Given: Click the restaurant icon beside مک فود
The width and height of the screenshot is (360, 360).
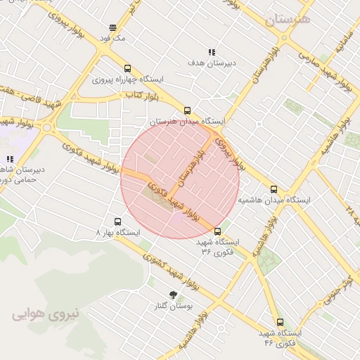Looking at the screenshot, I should pos(112,27).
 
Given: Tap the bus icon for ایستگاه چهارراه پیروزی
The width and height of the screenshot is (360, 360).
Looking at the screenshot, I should pos(127,69).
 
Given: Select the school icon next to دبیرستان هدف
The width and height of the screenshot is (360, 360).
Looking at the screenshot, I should pos(211,52).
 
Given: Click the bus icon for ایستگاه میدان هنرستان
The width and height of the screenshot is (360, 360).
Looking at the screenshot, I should pos(187,110).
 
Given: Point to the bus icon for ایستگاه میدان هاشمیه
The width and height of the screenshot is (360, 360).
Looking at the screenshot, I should pos(274,189).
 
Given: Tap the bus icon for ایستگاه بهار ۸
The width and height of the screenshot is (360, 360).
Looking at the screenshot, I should pos(117,221).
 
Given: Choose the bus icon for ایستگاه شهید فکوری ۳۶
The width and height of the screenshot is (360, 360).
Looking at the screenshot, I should pos(217,231).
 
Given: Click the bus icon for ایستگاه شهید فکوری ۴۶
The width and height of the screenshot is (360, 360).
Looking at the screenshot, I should pos(280,321).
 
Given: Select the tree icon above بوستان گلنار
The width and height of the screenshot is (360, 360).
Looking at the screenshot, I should pos(173,295).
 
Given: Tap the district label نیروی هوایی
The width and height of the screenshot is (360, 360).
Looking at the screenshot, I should pos(46,316).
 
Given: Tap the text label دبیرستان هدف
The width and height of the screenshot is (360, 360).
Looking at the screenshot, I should pos(210,63).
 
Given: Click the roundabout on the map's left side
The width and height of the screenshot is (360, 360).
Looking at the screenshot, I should pos(48,128).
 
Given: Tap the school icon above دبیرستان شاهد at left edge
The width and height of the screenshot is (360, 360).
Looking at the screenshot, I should pos(10,160).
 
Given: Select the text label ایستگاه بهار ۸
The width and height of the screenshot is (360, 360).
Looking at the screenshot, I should pos(117,232).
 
